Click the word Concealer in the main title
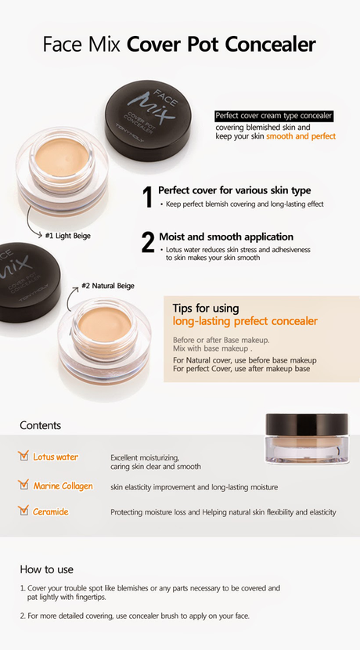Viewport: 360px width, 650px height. click(x=272, y=45)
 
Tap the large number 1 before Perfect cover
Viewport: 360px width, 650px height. click(x=146, y=197)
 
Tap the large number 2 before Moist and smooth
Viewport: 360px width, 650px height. click(x=147, y=241)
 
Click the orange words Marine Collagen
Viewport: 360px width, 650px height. click(x=63, y=486)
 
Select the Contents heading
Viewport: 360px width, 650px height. click(x=40, y=426)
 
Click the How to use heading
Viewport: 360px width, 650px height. click(x=47, y=569)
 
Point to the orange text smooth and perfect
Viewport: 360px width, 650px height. click(x=301, y=136)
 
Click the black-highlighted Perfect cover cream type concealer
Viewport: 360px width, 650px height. click(x=273, y=116)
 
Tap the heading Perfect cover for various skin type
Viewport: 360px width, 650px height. click(x=234, y=190)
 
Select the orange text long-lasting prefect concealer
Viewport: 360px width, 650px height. click(x=245, y=321)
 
